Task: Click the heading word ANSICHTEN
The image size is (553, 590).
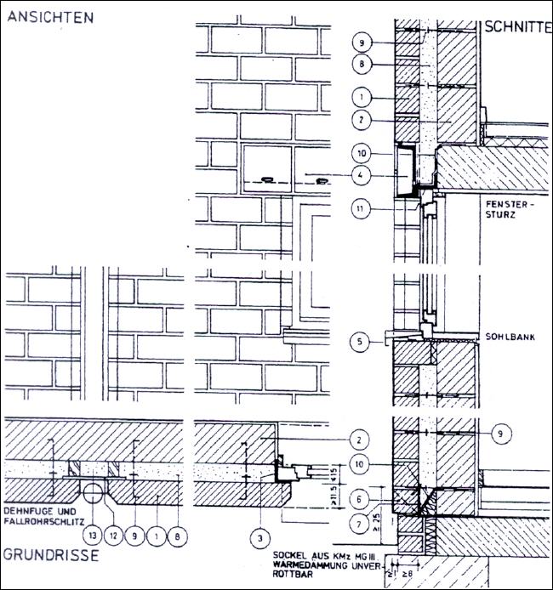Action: pyautogui.click(x=50, y=18)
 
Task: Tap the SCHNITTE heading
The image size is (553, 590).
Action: pyautogui.click(x=516, y=27)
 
